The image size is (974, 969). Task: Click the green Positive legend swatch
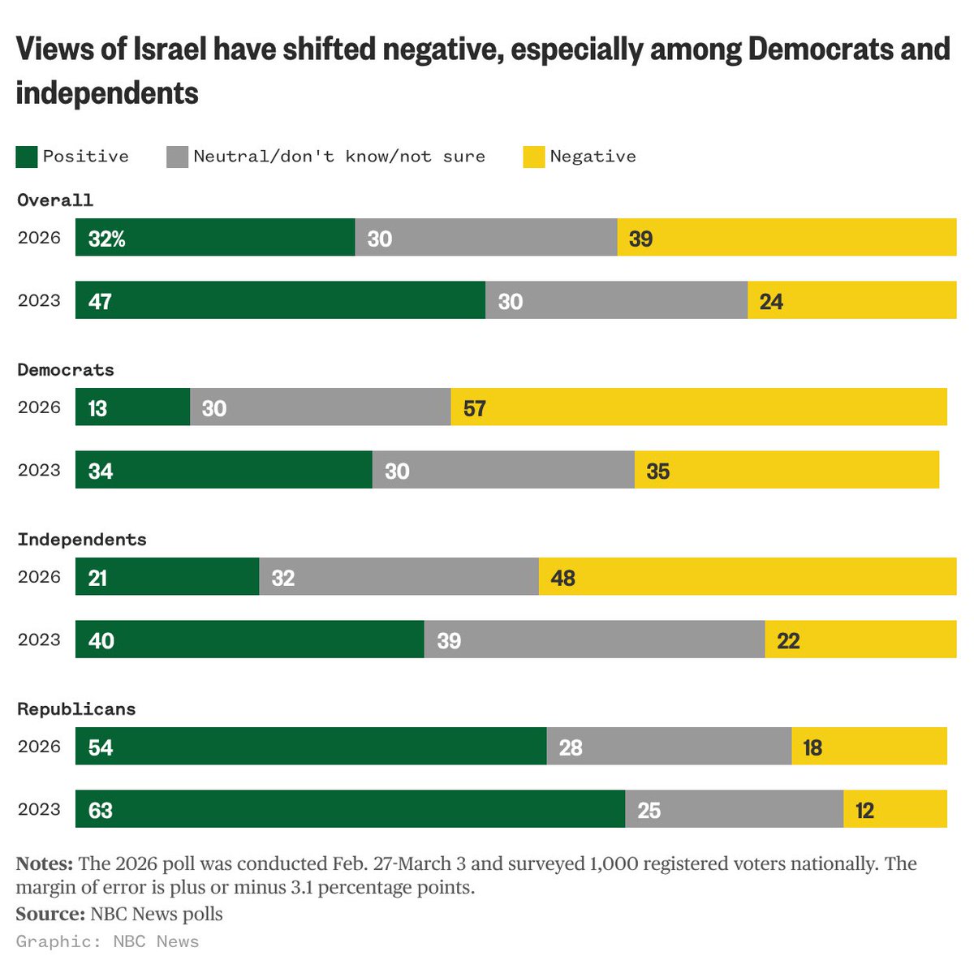(x=27, y=157)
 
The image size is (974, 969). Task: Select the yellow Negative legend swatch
(x=533, y=157)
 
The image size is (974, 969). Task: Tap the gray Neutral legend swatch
(x=177, y=157)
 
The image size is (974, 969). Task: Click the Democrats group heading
(x=66, y=370)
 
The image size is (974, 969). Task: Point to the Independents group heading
(x=82, y=540)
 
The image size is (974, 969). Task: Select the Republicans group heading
(x=76, y=709)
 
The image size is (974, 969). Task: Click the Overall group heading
(x=55, y=200)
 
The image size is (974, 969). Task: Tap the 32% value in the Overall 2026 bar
(x=106, y=239)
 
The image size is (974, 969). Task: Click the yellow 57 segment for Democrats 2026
(x=698, y=407)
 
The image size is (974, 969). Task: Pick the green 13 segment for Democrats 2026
(x=132, y=407)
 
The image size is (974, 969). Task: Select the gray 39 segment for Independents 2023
(x=594, y=640)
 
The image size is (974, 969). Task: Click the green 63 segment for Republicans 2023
(x=350, y=809)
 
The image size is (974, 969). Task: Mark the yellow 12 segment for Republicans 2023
(x=894, y=809)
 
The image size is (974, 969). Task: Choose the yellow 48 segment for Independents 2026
(x=747, y=576)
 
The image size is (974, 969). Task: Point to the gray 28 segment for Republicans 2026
(x=669, y=746)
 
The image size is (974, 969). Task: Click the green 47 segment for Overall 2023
(x=280, y=300)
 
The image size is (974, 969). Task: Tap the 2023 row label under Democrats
(x=39, y=470)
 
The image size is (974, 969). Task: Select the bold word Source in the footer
(x=49, y=915)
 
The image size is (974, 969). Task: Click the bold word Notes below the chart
(x=45, y=863)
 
